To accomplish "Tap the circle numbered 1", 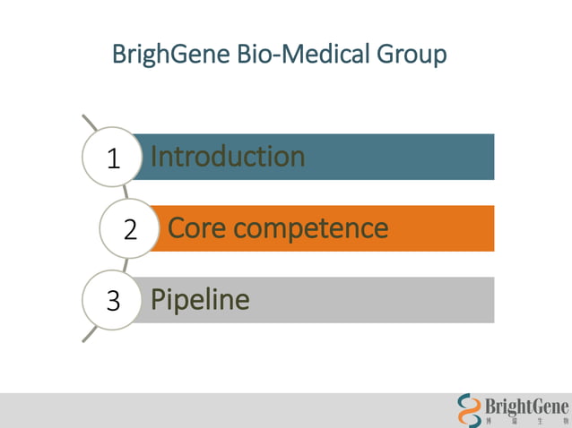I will [x=113, y=158].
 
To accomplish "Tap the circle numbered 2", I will [x=130, y=229].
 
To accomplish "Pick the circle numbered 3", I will [x=113, y=300].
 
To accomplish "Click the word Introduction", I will [x=228, y=157].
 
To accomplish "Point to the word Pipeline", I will [x=200, y=299].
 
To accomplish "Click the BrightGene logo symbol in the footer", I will [x=469, y=410].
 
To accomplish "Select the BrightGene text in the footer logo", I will [x=526, y=406].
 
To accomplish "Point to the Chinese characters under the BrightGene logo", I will [x=526, y=421].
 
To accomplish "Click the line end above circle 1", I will [x=85, y=118].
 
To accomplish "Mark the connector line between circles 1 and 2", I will [x=126, y=192].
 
